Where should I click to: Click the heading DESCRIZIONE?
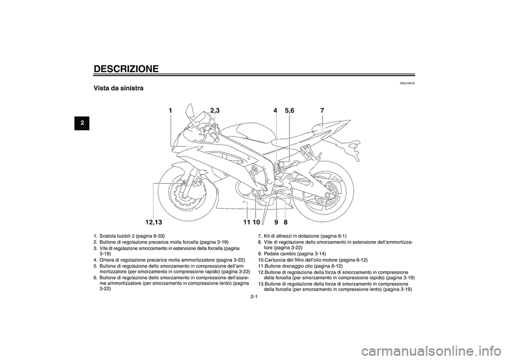click(x=126, y=69)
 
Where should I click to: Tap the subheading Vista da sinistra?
click(x=118, y=88)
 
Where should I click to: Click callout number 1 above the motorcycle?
click(x=170, y=110)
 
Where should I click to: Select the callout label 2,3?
click(x=215, y=110)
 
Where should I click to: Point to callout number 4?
click(x=275, y=110)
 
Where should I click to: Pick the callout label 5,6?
click(x=289, y=110)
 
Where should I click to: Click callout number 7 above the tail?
click(x=322, y=110)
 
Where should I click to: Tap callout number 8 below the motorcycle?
click(x=286, y=222)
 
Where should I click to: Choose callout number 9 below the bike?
click(x=276, y=222)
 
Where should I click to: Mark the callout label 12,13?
click(x=154, y=222)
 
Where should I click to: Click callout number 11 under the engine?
click(x=246, y=222)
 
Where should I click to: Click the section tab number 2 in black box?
click(x=82, y=123)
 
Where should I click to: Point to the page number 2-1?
click(x=254, y=296)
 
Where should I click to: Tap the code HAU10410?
click(x=408, y=83)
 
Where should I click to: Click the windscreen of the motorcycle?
click(x=190, y=115)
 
